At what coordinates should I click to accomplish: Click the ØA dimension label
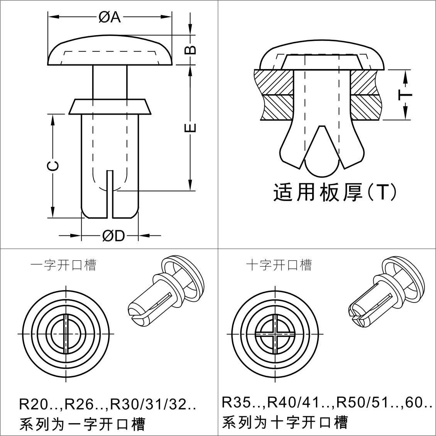[110, 17]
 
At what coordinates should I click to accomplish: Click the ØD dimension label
[114, 235]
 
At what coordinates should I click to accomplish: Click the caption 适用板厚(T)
[335, 192]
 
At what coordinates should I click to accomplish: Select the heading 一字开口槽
[63, 265]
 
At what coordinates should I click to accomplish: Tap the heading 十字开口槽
[279, 265]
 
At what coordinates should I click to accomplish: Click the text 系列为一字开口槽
[82, 424]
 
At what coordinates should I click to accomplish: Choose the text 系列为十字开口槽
[285, 422]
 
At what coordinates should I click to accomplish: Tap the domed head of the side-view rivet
[110, 51]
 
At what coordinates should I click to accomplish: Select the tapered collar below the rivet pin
[110, 106]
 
